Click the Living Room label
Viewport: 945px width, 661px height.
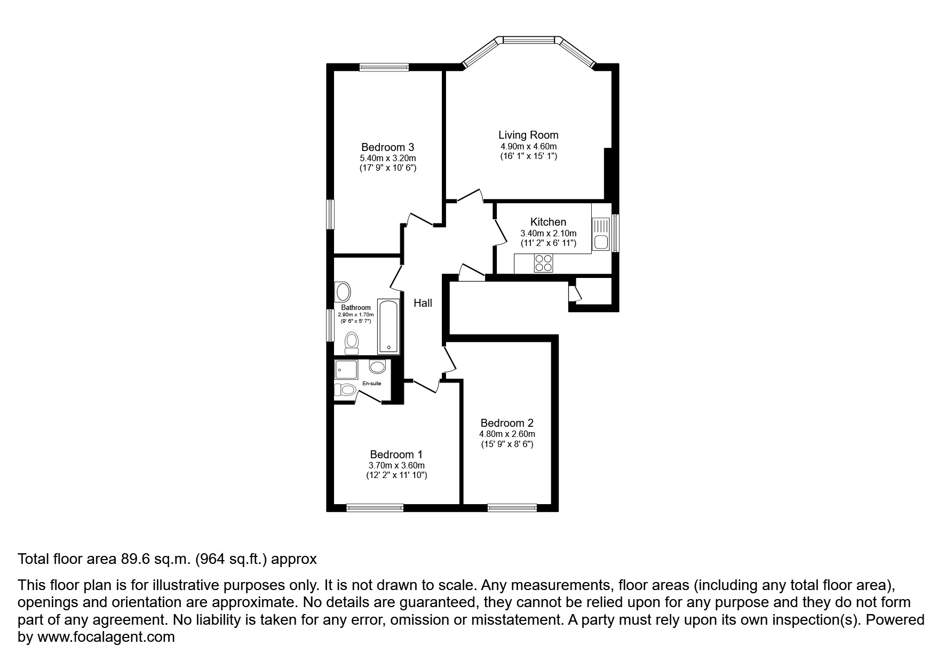click(528, 135)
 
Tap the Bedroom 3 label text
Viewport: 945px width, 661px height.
click(387, 147)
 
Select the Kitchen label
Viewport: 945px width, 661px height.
click(548, 222)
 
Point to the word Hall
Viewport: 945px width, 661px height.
click(423, 303)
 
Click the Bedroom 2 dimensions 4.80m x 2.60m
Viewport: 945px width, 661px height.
click(507, 434)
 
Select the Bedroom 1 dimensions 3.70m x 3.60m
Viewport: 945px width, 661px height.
click(396, 465)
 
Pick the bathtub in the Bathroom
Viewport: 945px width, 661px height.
click(388, 326)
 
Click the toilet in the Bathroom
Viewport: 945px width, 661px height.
click(352, 343)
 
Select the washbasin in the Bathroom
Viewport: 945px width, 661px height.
click(343, 292)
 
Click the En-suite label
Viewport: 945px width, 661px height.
click(372, 384)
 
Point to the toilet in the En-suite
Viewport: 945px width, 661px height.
click(345, 390)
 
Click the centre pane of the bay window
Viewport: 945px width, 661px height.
click(528, 39)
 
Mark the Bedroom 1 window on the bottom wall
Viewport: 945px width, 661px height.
click(375, 507)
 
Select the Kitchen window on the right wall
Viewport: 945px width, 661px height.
click(615, 233)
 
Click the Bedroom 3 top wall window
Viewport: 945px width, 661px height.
click(384, 67)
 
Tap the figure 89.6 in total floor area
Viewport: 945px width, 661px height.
click(130, 559)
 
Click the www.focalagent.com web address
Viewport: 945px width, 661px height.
click(105, 637)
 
